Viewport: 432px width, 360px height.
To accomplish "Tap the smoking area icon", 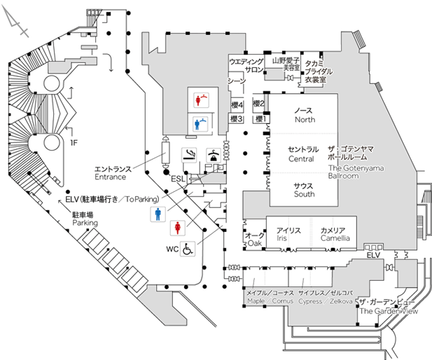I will (x=188, y=153).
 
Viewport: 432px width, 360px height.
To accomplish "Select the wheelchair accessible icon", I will (x=188, y=248).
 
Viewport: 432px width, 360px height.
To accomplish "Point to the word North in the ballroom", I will (x=304, y=119).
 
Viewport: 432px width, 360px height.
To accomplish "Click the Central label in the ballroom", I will (x=303, y=158).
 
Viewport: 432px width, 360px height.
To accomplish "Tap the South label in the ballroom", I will (x=304, y=194).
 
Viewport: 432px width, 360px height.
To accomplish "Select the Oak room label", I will (x=254, y=243).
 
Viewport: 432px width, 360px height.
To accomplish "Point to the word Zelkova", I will (x=341, y=301).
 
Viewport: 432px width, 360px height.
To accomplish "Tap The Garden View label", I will (x=388, y=311).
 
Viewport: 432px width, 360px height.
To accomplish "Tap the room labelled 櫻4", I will (x=236, y=105).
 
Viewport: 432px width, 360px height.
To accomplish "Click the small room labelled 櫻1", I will (x=259, y=119).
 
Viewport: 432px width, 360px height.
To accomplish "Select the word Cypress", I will (x=309, y=301).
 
